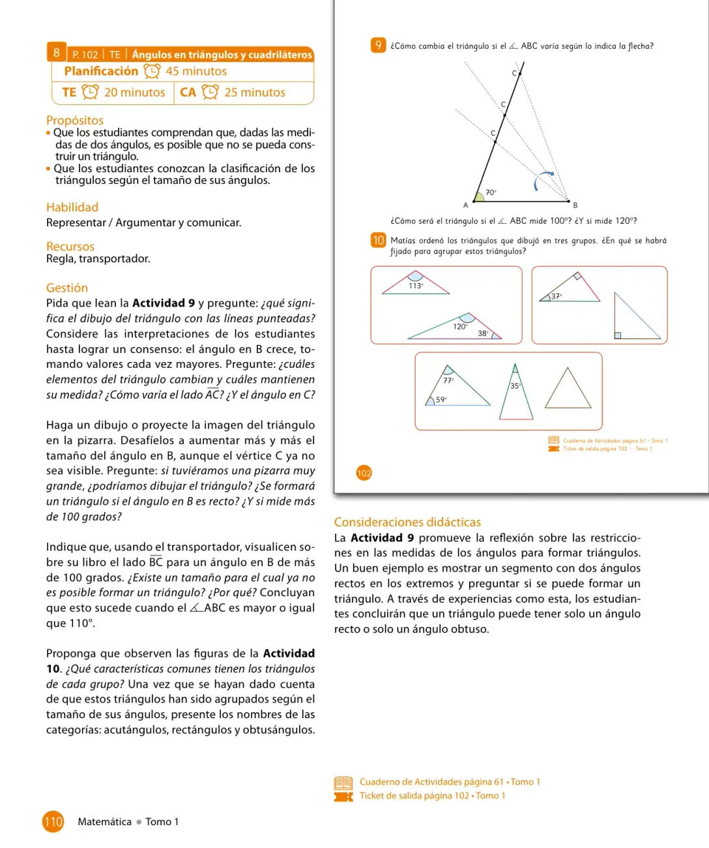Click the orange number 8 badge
[x=57, y=52]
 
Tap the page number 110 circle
[x=53, y=822]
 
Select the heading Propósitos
[x=75, y=120]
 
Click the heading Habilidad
[x=72, y=207]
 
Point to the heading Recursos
[x=70, y=246]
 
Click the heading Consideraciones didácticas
[x=407, y=522]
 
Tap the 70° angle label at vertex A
[x=491, y=192]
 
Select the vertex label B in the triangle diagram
[x=575, y=205]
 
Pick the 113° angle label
[x=416, y=286]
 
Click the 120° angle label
[x=460, y=327]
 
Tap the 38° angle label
[x=483, y=333]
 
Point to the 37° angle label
[x=557, y=297]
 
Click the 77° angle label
[x=448, y=380]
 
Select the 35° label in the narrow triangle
[x=515, y=386]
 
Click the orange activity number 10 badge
[x=378, y=241]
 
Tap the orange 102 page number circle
[x=364, y=473]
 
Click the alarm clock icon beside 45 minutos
[x=152, y=71]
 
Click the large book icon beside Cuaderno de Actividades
[x=343, y=782]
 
